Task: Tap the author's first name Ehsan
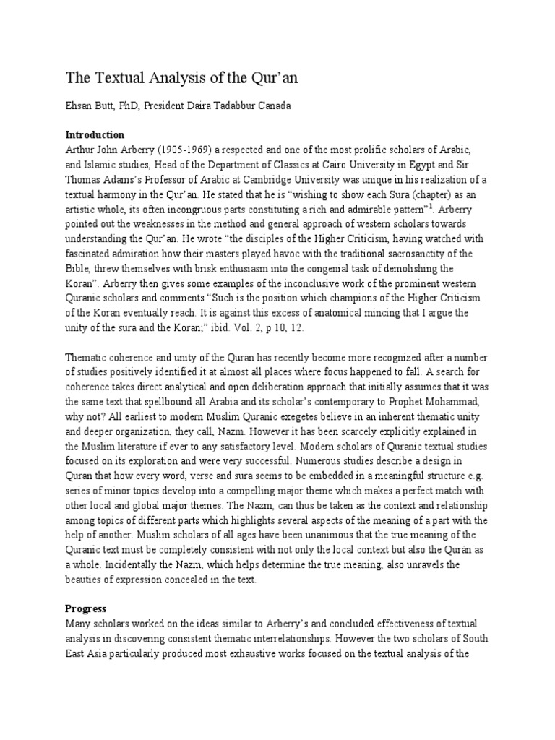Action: pyautogui.click(x=79, y=107)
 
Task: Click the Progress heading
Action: pyautogui.click(x=86, y=608)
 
